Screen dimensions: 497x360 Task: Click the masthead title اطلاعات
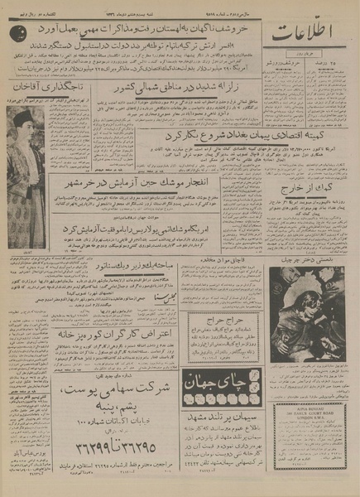(311, 36)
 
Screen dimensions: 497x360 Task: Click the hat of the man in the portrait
(23, 119)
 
